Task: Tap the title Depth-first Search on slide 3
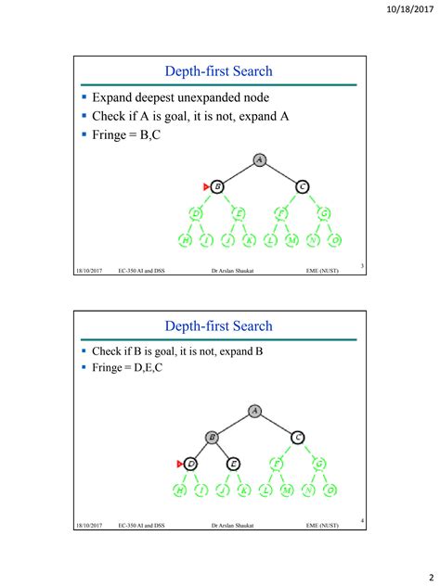tap(218, 71)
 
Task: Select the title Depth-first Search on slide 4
tap(218, 325)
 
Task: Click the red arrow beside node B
tap(206, 186)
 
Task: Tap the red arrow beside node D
tap(180, 463)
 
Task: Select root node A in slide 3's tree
tap(260, 160)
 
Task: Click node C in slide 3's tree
tap(303, 186)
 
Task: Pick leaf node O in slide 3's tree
tap(335, 240)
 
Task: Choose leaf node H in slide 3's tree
tap(185, 240)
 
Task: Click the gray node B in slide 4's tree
tap(213, 436)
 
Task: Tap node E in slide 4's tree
tap(234, 463)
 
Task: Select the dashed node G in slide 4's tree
tap(320, 463)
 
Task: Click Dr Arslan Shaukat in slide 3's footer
tap(234, 272)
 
